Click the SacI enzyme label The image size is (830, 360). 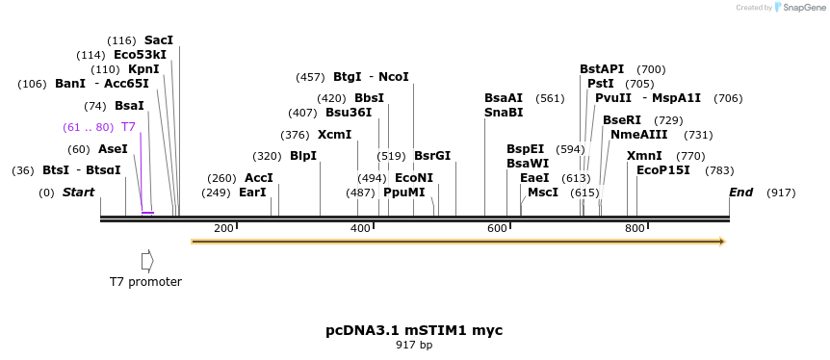(x=159, y=40)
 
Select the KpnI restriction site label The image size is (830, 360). (x=143, y=69)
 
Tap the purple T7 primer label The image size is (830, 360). (x=128, y=127)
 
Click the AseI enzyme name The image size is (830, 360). (x=113, y=149)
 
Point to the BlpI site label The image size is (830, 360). (x=303, y=156)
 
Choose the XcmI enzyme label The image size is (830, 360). (x=335, y=135)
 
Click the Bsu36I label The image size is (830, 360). (x=349, y=113)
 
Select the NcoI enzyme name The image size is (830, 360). (x=394, y=77)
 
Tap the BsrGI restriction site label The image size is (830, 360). (x=432, y=156)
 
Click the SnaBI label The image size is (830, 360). (x=504, y=113)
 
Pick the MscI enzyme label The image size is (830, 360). (x=543, y=193)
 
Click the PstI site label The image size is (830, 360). (x=601, y=84)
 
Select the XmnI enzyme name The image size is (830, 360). (x=644, y=156)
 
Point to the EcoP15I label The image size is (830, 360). (x=663, y=170)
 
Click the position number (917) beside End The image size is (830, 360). (x=781, y=193)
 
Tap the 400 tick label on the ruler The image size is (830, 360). (x=360, y=228)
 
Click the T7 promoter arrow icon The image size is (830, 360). (x=147, y=261)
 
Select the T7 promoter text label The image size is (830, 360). (x=145, y=282)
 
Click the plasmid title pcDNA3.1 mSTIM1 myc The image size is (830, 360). (x=414, y=330)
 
